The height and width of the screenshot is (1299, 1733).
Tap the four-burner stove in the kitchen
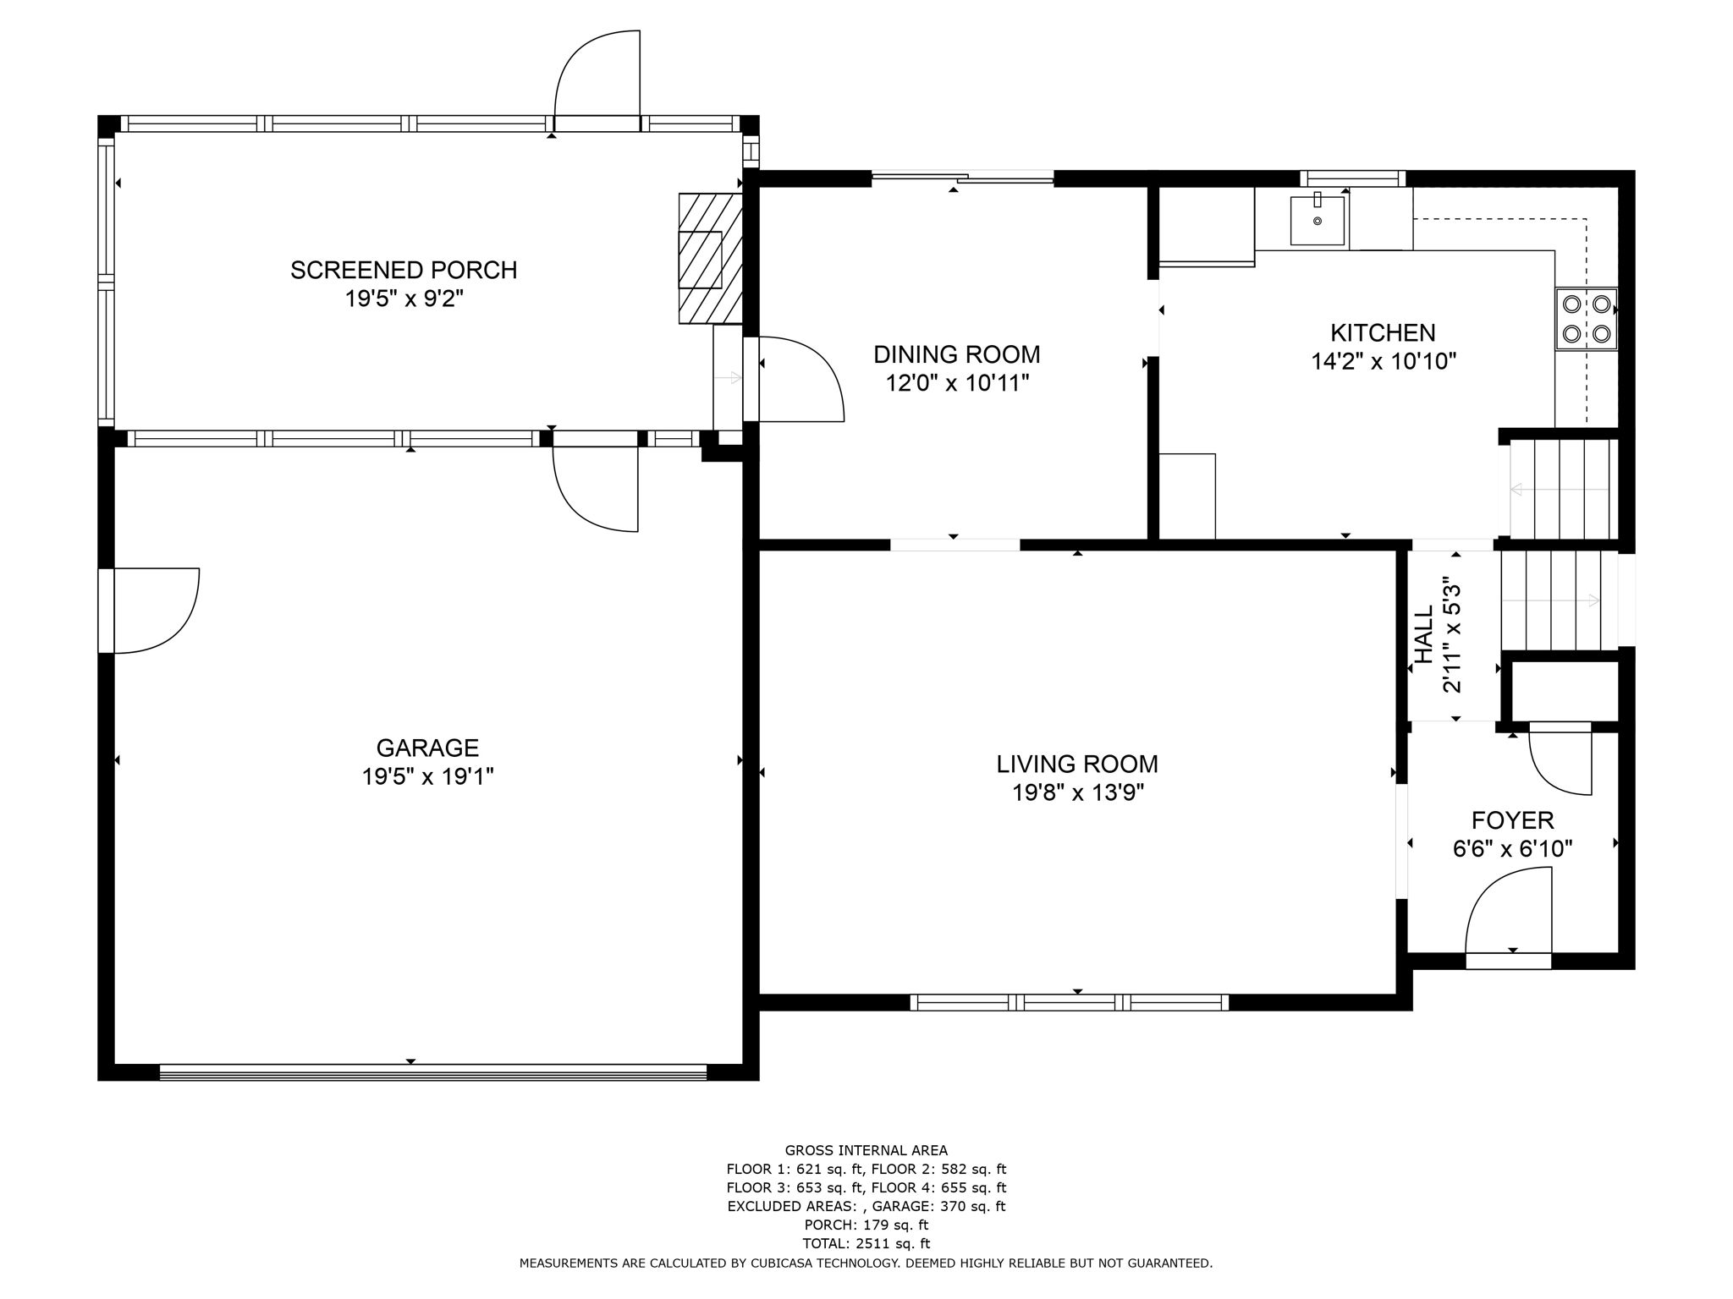pyautogui.click(x=1586, y=319)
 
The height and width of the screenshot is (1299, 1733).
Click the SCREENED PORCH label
pyautogui.click(x=404, y=270)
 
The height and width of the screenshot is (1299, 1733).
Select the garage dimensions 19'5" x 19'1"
pyautogui.click(x=427, y=776)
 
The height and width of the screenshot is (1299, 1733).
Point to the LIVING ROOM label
pyautogui.click(x=1076, y=764)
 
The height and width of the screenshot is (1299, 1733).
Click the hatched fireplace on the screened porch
pyautogui.click(x=709, y=258)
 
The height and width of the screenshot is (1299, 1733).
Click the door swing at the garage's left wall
pyautogui.click(x=152, y=611)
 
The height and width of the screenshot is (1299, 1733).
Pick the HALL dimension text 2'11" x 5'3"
pyautogui.click(x=1452, y=635)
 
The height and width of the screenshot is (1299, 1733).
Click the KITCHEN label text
pyautogui.click(x=1383, y=332)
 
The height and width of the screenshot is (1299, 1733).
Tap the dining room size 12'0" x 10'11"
pyautogui.click(x=957, y=383)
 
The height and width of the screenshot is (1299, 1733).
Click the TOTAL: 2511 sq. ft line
pyautogui.click(x=866, y=1243)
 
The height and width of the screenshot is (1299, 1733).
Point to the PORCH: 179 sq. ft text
pyautogui.click(x=866, y=1225)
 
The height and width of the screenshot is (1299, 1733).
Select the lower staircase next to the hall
pyautogui.click(x=1557, y=600)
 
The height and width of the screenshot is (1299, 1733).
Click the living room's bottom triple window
pyautogui.click(x=1070, y=1002)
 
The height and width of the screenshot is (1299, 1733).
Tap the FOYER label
pyautogui.click(x=1512, y=819)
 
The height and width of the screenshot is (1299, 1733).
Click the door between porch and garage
pyautogui.click(x=595, y=486)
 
